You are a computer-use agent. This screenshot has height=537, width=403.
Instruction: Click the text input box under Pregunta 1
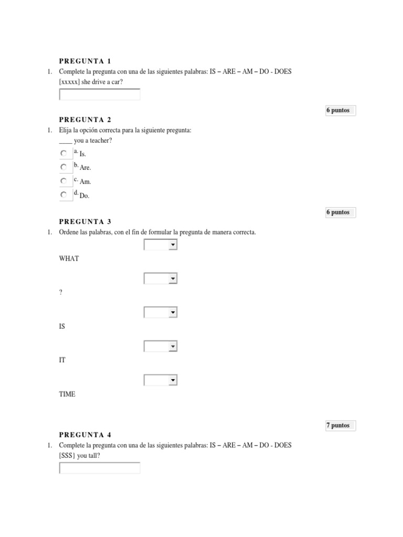tap(100, 95)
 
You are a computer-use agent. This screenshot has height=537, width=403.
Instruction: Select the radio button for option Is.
tap(63, 154)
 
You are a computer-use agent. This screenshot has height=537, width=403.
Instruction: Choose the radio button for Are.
tap(63, 167)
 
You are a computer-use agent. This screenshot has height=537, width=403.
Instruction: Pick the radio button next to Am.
tap(63, 181)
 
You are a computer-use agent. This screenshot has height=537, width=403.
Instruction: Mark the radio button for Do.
tap(63, 195)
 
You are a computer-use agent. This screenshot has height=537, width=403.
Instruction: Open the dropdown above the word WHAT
tap(161, 245)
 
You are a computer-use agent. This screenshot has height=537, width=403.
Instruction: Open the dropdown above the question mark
tap(161, 278)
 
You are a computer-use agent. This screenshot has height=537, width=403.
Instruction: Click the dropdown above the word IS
tap(161, 313)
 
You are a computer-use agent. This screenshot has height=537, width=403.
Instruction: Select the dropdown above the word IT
tap(161, 346)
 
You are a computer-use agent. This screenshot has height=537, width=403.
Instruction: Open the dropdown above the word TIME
tap(161, 380)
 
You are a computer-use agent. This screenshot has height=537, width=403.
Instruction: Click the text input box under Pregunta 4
tap(100, 468)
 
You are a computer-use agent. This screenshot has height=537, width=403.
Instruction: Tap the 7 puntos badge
tap(338, 425)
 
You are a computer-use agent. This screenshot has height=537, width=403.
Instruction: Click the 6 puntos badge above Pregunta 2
tap(338, 111)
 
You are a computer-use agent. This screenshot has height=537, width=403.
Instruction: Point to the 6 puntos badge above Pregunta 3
tap(338, 212)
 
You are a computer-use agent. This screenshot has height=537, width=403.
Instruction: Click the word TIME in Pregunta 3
tap(68, 394)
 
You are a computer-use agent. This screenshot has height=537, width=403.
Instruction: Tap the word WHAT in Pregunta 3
tap(69, 259)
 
